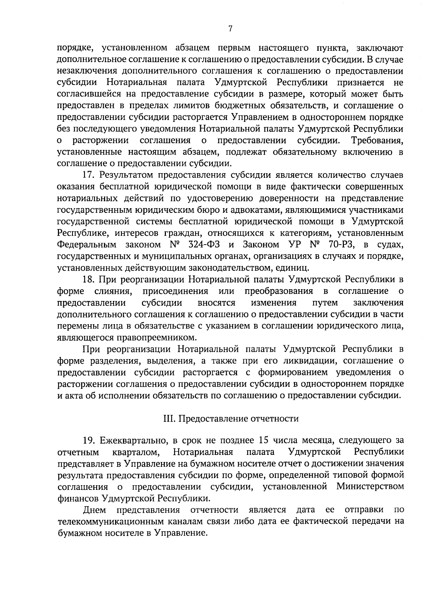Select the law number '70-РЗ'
point(339,245)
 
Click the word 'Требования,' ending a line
point(378,141)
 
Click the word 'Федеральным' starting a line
point(87,245)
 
